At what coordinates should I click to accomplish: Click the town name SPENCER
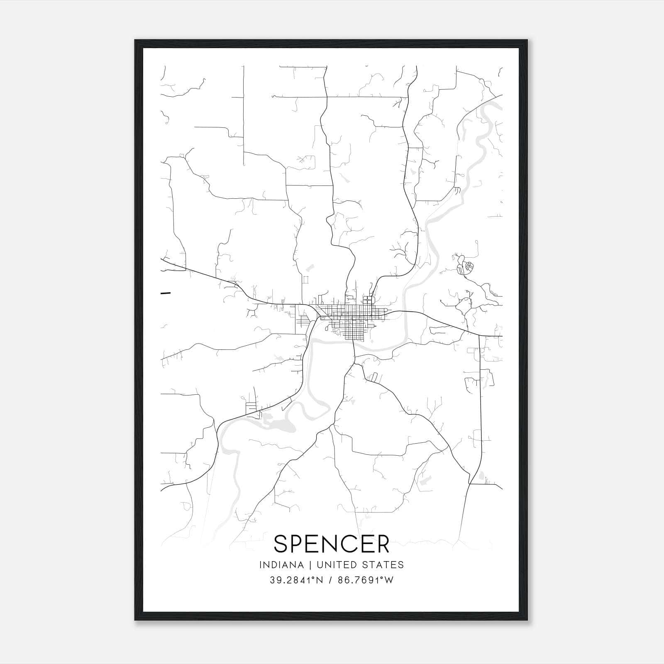332,544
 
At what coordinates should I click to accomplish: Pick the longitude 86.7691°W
365,580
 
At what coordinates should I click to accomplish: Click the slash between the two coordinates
330,580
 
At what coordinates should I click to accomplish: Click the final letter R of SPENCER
382,544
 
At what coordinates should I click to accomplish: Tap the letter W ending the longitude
388,580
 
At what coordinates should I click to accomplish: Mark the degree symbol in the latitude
312,578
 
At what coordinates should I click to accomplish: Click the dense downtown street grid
353,320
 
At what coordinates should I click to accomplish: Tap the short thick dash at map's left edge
166,293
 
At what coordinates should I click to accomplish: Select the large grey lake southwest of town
276,425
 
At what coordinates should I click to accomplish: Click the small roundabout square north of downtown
368,299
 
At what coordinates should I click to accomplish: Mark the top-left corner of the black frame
135,40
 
